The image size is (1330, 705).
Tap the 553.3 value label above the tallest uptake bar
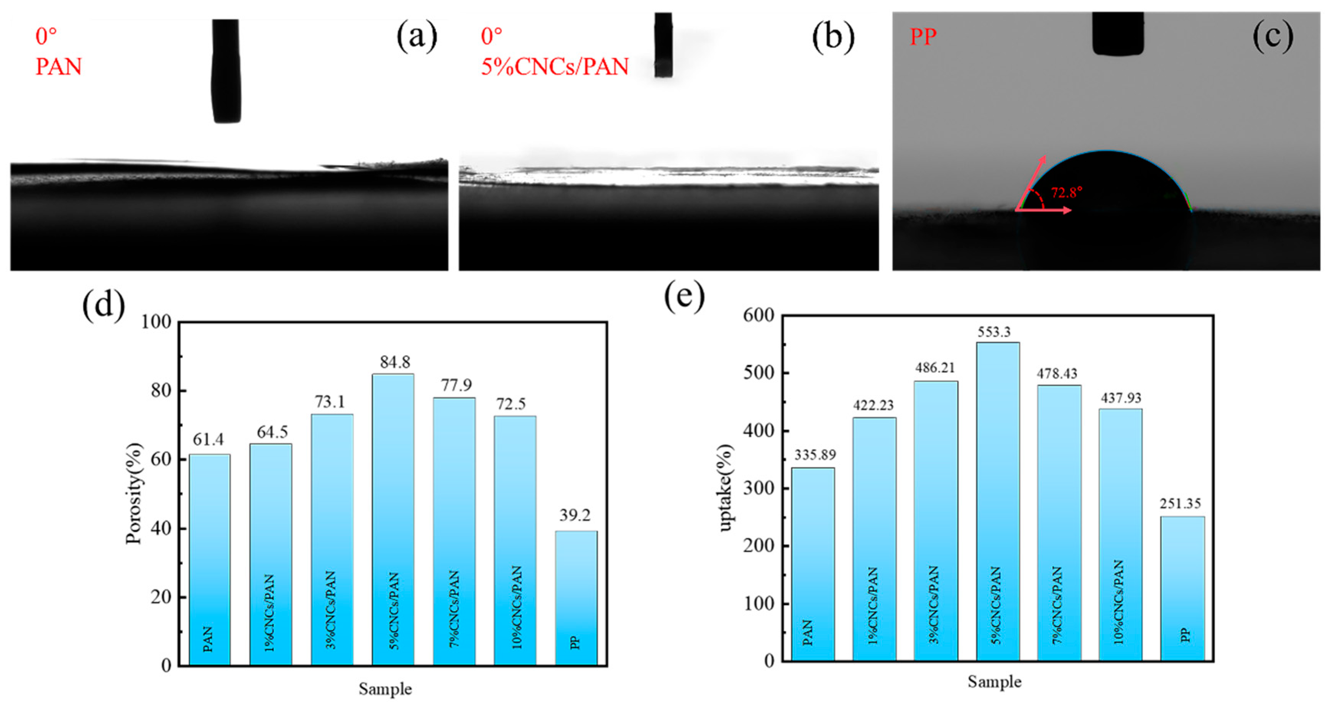coord(994,332)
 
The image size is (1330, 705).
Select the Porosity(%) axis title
coord(134,493)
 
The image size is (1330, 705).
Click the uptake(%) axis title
coord(726,488)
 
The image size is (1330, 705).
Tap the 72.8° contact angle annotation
coord(1067,192)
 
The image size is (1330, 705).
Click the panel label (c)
coord(1273,36)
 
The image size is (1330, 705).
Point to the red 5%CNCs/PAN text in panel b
coord(555,67)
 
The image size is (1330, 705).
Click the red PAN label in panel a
coord(58,67)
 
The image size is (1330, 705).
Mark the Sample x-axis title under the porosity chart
coord(385,689)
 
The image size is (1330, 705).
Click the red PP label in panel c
coord(923,37)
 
